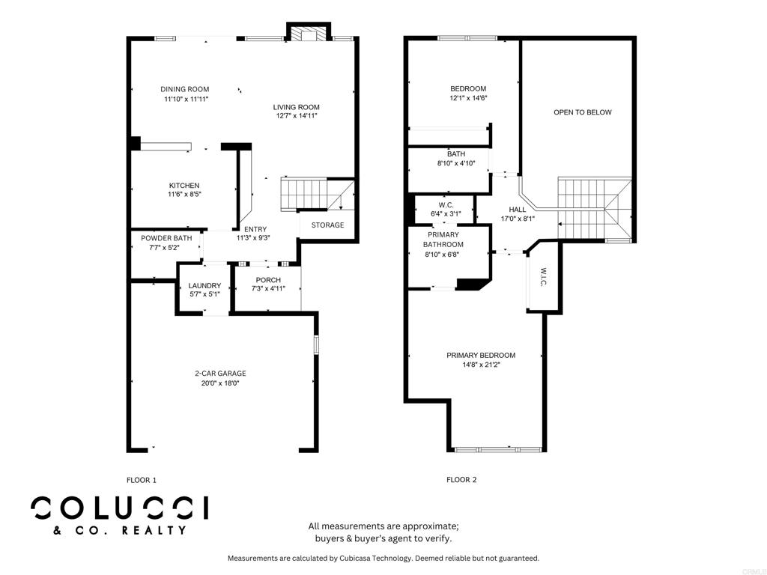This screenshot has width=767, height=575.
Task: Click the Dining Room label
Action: [185, 89]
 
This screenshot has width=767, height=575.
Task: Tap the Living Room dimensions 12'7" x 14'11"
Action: [297, 116]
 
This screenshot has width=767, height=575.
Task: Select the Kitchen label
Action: [184, 186]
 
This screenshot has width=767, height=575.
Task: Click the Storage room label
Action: [328, 225]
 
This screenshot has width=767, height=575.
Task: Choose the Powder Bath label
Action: [166, 238]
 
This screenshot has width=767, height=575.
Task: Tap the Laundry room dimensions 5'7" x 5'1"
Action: [204, 294]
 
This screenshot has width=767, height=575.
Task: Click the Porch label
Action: [269, 280]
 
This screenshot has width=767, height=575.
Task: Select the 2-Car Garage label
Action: [220, 373]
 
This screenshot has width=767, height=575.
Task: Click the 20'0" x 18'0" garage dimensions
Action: [220, 383]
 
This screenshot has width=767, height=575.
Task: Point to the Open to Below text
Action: [583, 112]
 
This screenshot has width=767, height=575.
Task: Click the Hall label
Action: [518, 210]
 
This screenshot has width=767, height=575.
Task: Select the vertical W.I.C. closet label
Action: [544, 277]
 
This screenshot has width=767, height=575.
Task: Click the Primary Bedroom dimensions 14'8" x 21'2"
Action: [481, 365]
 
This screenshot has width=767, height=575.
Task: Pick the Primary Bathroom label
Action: [443, 240]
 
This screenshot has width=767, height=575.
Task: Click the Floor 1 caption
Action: [142, 480]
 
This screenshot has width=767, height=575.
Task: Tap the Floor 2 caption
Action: [461, 480]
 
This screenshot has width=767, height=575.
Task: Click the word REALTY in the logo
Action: [154, 530]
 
